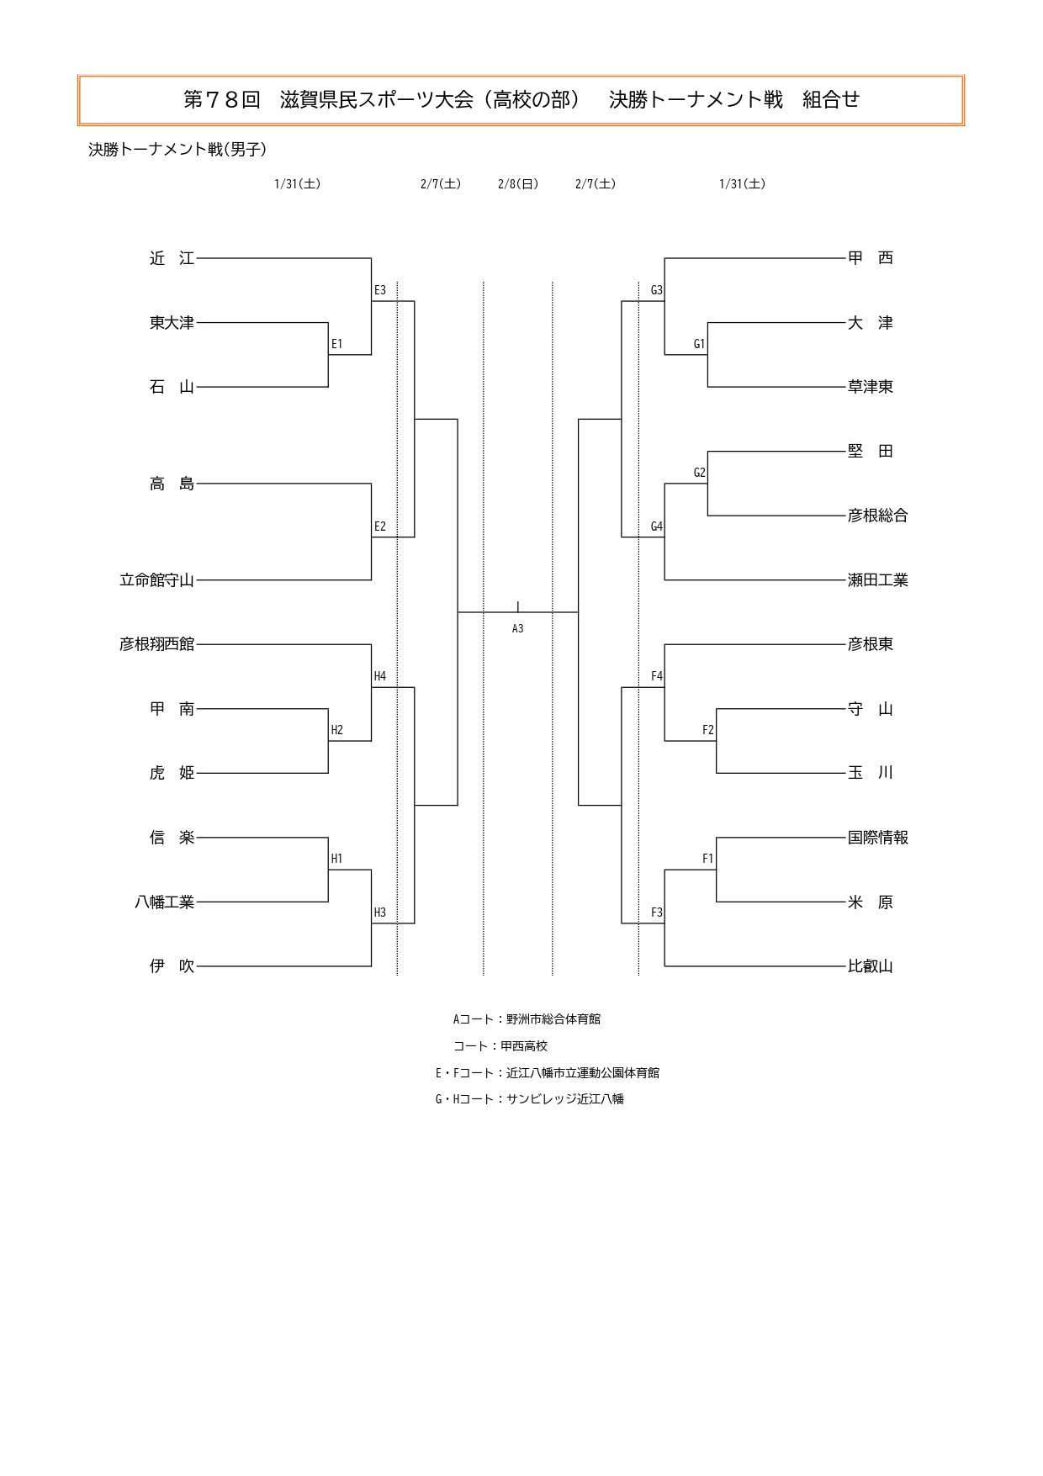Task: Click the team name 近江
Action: [x=172, y=258]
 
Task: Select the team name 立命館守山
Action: [x=157, y=580]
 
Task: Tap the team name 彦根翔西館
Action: [x=157, y=644]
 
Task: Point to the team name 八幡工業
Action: [x=165, y=902]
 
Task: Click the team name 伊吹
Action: [x=172, y=966]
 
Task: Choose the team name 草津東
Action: [x=871, y=387]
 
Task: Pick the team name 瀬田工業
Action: [x=878, y=580]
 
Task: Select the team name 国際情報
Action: [x=878, y=838]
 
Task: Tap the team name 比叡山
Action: [x=871, y=966]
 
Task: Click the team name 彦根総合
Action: [x=878, y=516]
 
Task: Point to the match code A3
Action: [x=518, y=628]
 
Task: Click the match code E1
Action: [x=336, y=344]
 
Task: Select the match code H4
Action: [x=380, y=676]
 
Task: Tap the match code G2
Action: [x=699, y=473]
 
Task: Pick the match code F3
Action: [x=657, y=913]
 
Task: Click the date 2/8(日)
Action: [x=518, y=184]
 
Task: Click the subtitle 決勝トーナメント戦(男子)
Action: [x=177, y=150]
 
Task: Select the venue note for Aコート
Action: [x=527, y=1019]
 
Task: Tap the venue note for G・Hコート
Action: [x=530, y=1099]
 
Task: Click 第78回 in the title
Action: [x=222, y=100]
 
